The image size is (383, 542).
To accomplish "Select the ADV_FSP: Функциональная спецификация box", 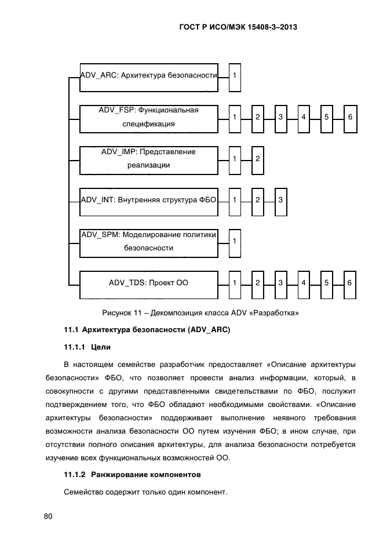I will point(148,117).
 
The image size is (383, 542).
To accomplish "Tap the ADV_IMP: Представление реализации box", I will point(148,158).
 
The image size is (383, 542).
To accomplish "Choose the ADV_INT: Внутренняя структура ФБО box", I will point(148,200).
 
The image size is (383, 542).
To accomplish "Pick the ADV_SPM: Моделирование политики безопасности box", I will point(148,241).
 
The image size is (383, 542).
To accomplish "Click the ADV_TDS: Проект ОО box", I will point(148,283).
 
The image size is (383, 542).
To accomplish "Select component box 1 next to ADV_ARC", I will point(235,77).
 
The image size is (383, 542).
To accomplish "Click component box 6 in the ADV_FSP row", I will point(350,118).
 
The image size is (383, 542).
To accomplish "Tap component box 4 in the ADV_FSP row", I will point(304,118).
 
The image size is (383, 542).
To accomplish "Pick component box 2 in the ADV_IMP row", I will point(257,159).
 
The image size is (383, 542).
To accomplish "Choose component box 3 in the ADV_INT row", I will point(280,200).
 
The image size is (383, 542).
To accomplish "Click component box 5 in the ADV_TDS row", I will point(327,283).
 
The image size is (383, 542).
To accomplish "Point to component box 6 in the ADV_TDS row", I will point(350,283).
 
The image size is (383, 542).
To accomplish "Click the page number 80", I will point(48,516).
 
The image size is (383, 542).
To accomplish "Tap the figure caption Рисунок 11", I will point(200,313).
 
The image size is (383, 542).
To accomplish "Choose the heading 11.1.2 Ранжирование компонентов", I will point(132,474).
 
